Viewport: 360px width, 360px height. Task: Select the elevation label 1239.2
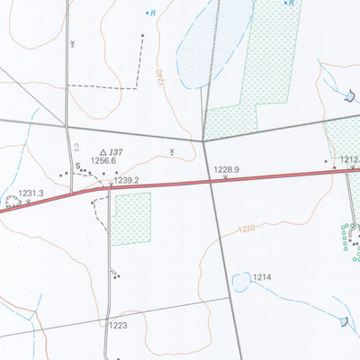[127, 180]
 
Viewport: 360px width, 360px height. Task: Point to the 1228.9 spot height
[226, 169]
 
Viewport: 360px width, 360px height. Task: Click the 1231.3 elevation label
[31, 193]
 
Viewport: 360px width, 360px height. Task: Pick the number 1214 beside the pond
[263, 277]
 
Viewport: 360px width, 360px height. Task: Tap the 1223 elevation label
[119, 325]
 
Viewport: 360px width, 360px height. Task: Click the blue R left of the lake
[153, 13]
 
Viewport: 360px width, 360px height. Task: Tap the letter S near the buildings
[78, 165]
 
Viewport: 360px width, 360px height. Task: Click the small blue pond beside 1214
[241, 283]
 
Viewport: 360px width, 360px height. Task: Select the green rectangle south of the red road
[131, 218]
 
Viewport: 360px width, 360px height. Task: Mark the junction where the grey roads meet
[204, 140]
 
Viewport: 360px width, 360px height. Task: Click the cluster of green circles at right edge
[347, 236]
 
